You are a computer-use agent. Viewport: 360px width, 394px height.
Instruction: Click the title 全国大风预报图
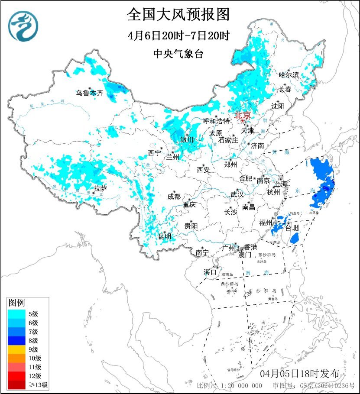click(x=178, y=15)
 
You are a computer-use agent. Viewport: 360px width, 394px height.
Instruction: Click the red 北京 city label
click(x=242, y=116)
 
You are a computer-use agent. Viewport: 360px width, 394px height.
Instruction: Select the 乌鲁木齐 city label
click(x=90, y=93)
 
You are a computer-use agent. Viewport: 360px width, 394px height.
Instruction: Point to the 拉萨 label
click(x=100, y=188)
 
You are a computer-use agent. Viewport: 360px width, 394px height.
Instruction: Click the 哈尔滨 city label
click(x=289, y=75)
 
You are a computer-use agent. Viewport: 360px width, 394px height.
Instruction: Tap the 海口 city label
click(x=210, y=272)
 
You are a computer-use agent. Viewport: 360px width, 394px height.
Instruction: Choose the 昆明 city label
click(x=164, y=236)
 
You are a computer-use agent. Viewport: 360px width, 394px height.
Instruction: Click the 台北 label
click(x=292, y=228)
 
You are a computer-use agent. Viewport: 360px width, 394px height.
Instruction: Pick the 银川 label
click(x=187, y=139)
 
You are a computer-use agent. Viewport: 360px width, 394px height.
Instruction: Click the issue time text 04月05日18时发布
click(x=303, y=373)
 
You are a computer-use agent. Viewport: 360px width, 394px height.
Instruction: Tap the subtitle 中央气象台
click(x=178, y=53)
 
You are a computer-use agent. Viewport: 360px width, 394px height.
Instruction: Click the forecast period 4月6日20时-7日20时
click(x=178, y=36)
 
